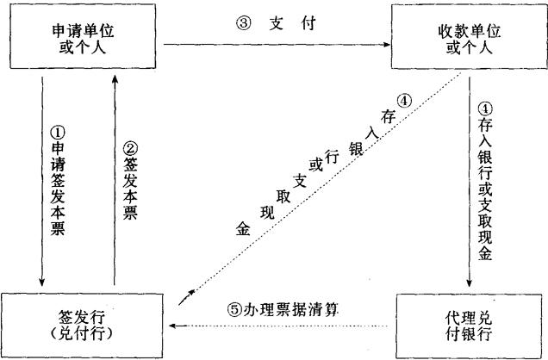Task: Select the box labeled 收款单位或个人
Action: pyautogui.click(x=468, y=39)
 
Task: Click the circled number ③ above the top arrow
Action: pyautogui.click(x=242, y=23)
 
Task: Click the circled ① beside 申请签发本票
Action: pyautogui.click(x=59, y=133)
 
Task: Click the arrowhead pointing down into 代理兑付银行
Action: pyautogui.click(x=469, y=285)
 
